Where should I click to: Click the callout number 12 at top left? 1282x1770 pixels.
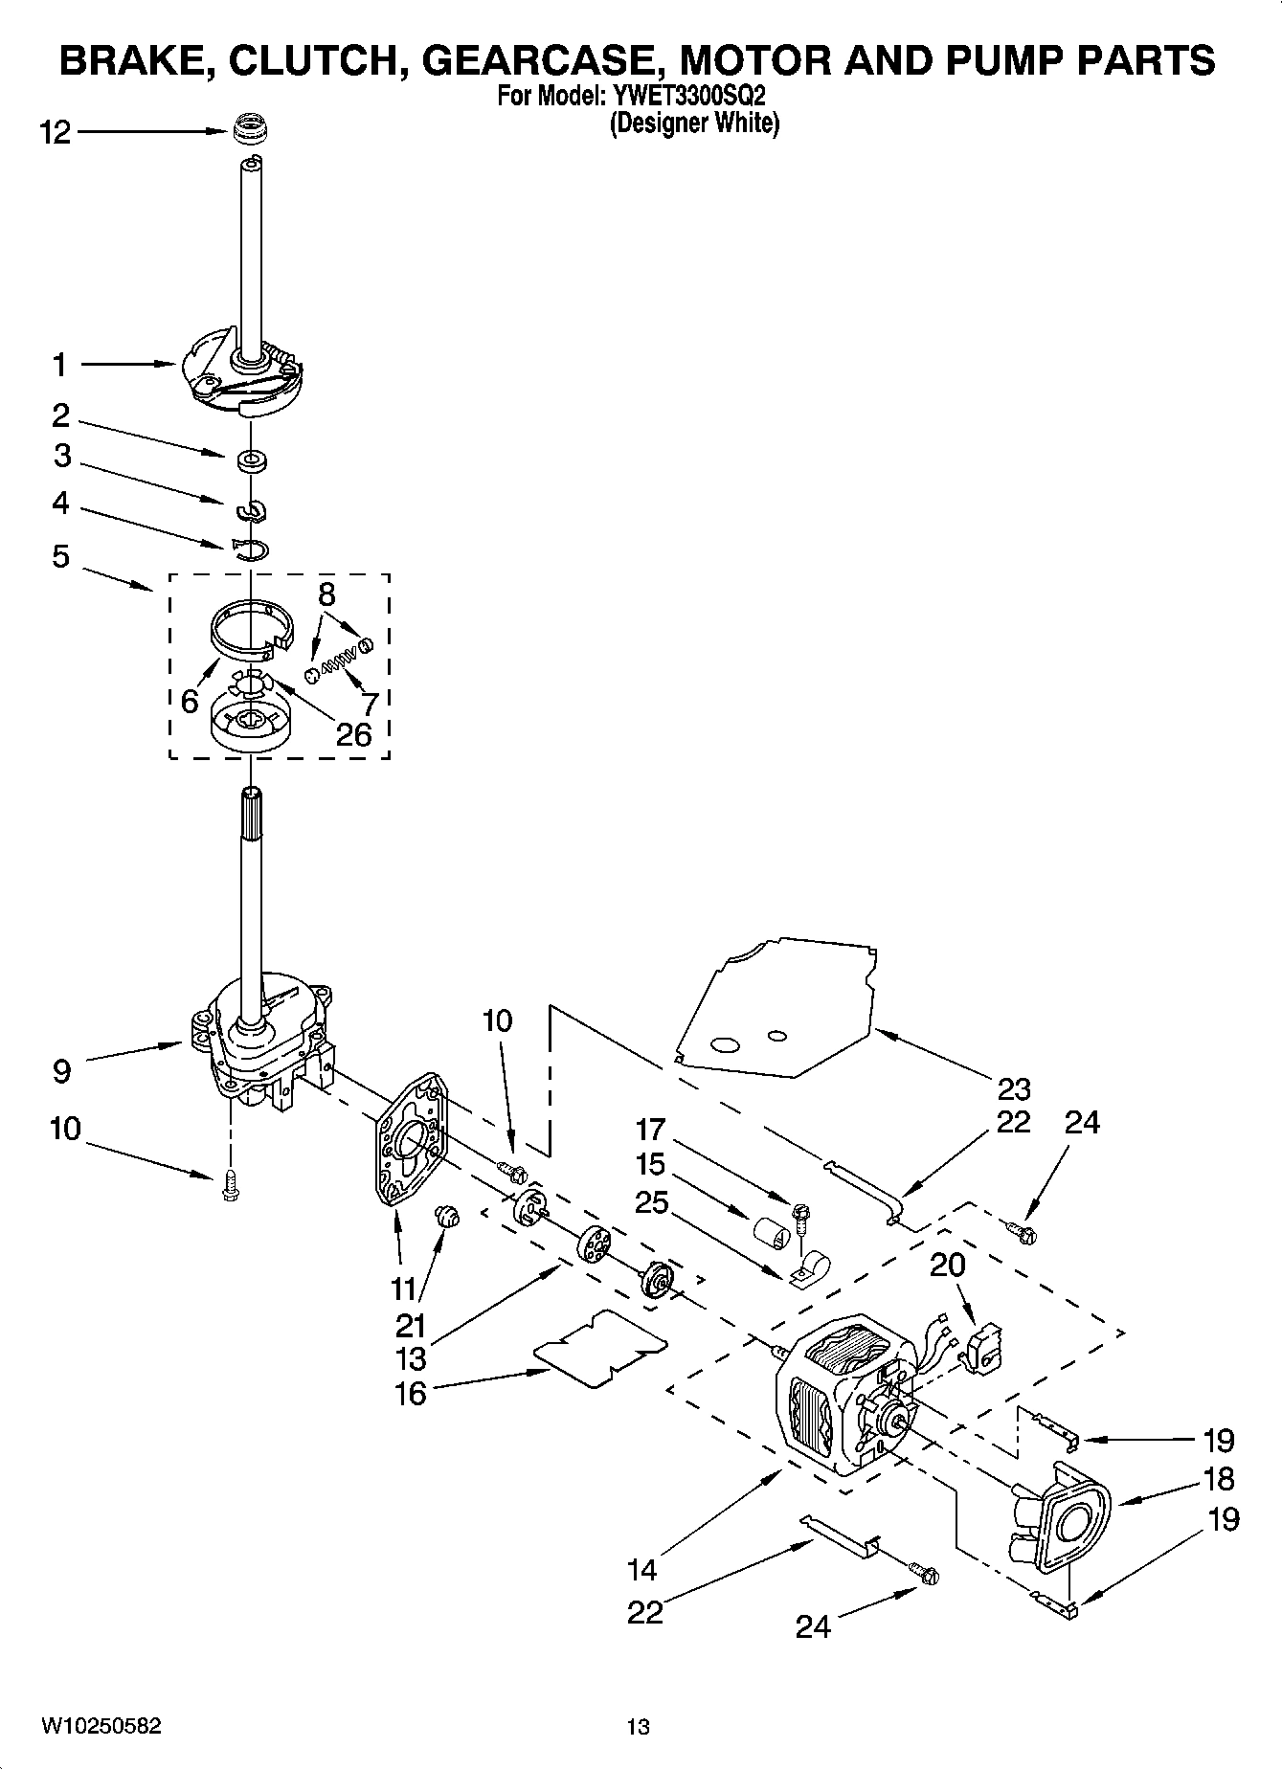coord(56,133)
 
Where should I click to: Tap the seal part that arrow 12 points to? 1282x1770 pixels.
coord(250,128)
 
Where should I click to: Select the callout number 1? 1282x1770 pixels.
coord(59,365)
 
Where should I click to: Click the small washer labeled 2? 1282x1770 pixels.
coord(252,461)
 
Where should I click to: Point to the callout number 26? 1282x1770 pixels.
coord(353,734)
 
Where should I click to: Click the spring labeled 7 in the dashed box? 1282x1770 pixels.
coord(342,659)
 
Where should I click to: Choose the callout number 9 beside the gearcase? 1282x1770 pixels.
coord(61,1070)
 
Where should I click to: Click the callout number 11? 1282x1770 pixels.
coord(404,1289)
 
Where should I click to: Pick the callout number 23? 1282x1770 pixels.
coord(1013,1088)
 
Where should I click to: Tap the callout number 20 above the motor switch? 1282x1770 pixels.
coord(947,1265)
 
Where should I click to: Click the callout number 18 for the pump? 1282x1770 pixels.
coord(1218,1479)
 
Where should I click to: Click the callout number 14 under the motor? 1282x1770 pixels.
coord(642,1570)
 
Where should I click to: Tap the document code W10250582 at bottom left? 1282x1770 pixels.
coord(101,1726)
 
